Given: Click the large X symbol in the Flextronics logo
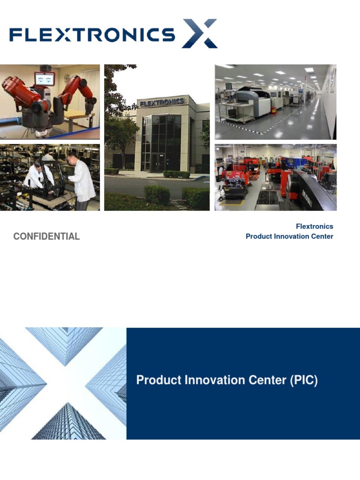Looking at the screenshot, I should (200, 33).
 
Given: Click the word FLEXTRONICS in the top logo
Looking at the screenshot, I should (92, 34).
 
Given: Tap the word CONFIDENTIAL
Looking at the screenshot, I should (46, 237).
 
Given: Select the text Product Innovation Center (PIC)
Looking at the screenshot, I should (227, 380).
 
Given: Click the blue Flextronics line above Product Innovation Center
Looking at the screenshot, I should (314, 226).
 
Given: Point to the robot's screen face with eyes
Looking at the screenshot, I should (45, 79).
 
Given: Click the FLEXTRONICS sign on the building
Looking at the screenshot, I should (161, 103).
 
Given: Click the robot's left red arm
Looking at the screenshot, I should (16, 94).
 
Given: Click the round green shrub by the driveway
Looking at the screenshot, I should (157, 195).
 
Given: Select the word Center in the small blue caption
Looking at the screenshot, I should (321, 236).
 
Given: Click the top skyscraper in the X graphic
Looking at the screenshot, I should (63, 345).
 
